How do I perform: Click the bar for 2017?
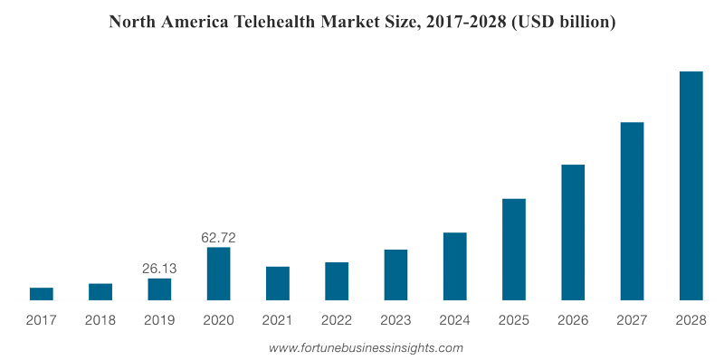tap(42, 293)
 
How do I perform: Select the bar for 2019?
tap(159, 289)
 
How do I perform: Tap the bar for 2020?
tap(218, 273)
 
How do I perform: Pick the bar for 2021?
tap(278, 283)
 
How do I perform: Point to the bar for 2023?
tap(395, 274)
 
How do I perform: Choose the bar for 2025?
tap(514, 249)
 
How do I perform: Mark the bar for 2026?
tap(573, 232)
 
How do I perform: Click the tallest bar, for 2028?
tap(691, 185)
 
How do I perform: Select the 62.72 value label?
tap(218, 238)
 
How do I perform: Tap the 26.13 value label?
tap(159, 269)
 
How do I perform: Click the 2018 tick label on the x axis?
tap(100, 320)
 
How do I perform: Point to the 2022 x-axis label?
tap(337, 320)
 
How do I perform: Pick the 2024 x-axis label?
tap(454, 320)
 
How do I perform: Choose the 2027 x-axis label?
tap(632, 320)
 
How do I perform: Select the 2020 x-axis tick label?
tap(218, 320)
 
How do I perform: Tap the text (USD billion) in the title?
tap(562, 23)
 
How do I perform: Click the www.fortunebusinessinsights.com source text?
tap(366, 347)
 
